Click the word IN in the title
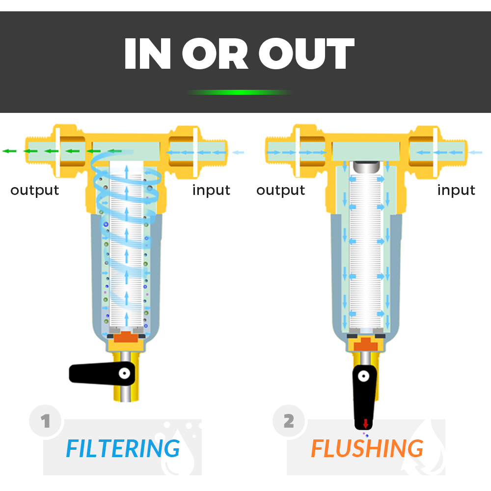coord(147,53)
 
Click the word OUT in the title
coord(306,53)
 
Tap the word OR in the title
coord(215,53)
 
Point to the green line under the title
coord(239,92)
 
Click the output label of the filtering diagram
coord(35,190)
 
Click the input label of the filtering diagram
coord(211,190)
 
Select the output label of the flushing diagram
coord(280,190)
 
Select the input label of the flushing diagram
coord(456,190)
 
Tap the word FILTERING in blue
coord(123,448)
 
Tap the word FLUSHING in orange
coord(367,448)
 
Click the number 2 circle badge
coord(289,421)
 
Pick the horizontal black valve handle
coord(102,373)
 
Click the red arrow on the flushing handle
coord(365,423)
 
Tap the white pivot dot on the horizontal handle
coord(125,373)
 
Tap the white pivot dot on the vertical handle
coord(363,376)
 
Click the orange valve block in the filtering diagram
coord(126,337)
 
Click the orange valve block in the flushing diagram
coord(366,344)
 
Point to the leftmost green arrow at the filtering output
coord(9,151)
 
